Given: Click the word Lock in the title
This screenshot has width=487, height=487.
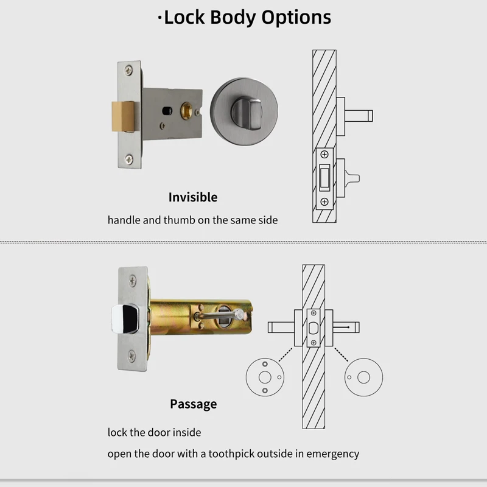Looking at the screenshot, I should [x=184, y=17].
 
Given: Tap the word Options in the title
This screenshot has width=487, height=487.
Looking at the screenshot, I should [x=296, y=17].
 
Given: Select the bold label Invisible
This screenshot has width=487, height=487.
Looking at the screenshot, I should [x=192, y=197].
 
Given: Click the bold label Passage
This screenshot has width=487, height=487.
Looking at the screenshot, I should [x=193, y=404].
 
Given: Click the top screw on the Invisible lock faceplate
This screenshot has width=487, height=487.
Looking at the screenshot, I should [x=129, y=71].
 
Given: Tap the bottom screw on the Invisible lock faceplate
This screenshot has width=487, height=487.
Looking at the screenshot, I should [x=129, y=159].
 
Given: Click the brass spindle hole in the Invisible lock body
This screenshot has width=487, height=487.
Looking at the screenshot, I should [x=187, y=111].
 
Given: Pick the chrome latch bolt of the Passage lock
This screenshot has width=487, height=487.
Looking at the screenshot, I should [x=125, y=318].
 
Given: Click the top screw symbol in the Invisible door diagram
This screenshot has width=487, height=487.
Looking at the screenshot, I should [x=324, y=155].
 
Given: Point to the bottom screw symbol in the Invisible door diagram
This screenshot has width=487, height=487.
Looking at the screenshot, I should [x=324, y=201].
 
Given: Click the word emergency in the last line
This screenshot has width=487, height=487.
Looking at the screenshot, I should [x=332, y=454].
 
